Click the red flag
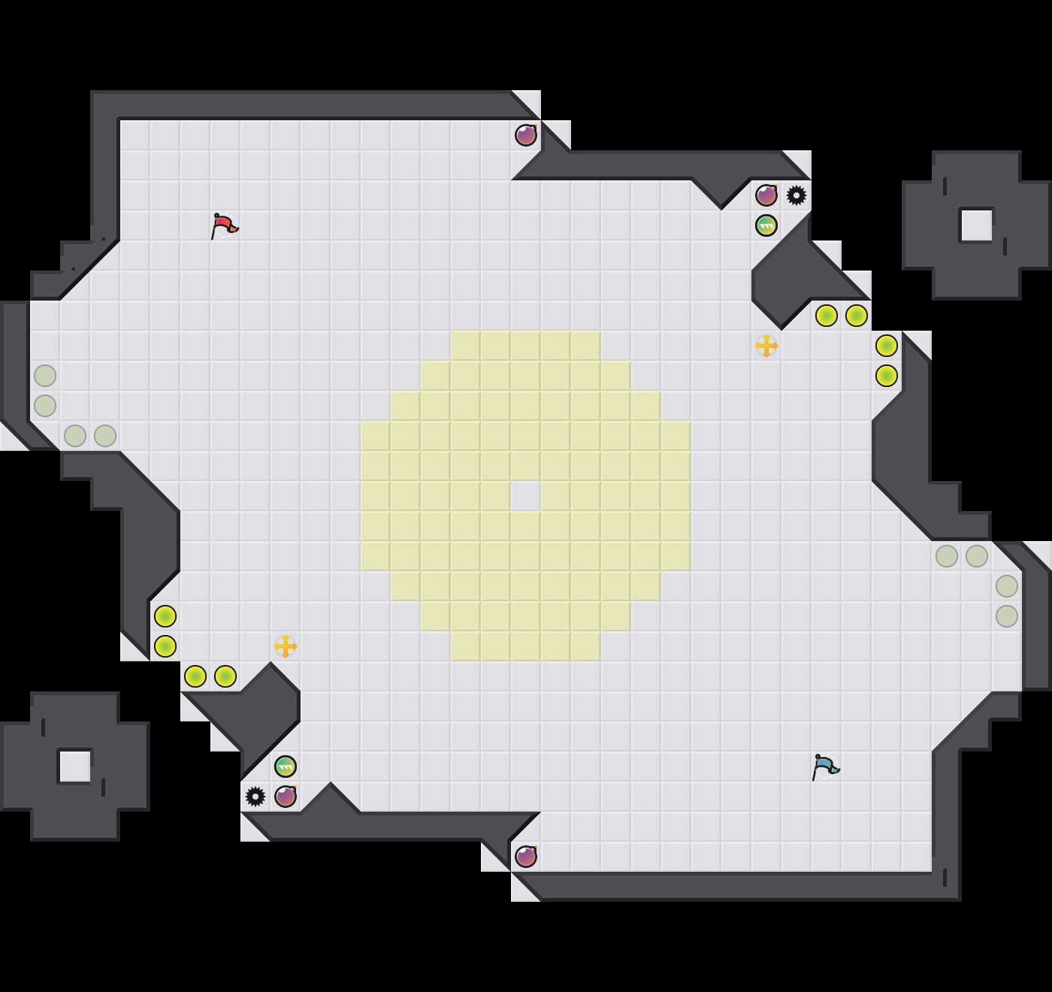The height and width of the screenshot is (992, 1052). tap(224, 225)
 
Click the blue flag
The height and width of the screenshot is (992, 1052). tap(825, 767)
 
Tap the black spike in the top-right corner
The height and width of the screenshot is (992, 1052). tap(797, 195)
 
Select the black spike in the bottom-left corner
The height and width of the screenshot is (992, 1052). tap(255, 797)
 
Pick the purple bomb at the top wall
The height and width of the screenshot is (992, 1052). tap(526, 135)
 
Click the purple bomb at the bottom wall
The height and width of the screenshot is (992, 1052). tap(526, 857)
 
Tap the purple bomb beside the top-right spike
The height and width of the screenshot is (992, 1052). tap(766, 195)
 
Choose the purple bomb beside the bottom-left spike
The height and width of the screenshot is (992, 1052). tap(286, 797)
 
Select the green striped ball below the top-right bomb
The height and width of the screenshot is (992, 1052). tap(766, 225)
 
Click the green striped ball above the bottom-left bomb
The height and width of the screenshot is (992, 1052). tap(286, 767)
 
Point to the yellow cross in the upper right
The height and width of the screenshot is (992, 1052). tap(766, 346)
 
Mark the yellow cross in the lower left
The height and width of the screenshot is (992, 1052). tap(286, 646)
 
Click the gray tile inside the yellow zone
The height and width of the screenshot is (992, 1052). tap(526, 496)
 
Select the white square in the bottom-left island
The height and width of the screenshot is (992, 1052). tap(75, 767)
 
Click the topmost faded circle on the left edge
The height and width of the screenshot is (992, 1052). tap(45, 376)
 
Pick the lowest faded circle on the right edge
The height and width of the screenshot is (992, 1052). tap(1007, 616)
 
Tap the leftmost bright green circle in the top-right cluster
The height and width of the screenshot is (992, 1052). tap(827, 316)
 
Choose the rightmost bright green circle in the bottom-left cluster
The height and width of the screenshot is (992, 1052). tap(225, 676)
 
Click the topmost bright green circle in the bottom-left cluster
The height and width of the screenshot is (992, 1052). tap(165, 616)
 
